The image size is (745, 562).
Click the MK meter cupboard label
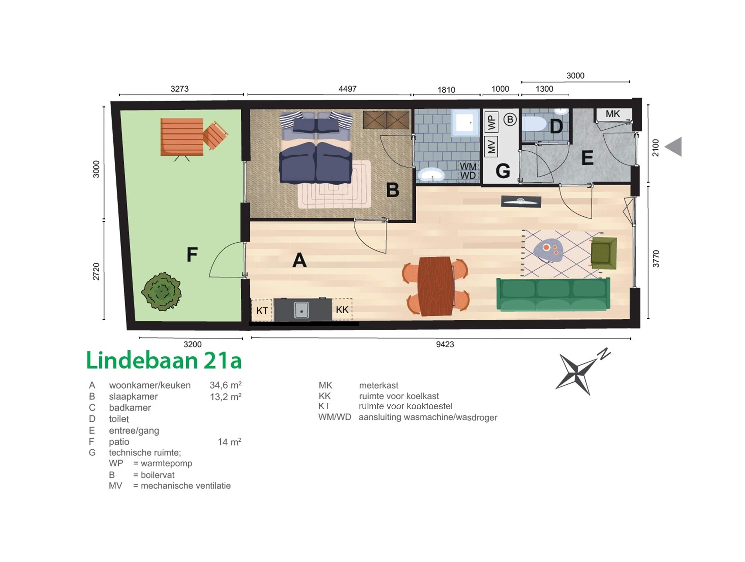coord(613,114)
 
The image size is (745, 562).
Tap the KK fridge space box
coord(342,309)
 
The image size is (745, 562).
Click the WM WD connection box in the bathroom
coord(468,171)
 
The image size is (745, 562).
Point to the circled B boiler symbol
coord(510,119)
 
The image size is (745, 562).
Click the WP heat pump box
coord(491,122)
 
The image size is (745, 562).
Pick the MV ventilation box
coord(491,147)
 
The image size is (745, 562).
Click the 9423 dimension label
coord(445,344)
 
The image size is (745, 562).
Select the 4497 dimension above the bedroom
coord(347,89)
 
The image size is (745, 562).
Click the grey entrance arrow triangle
coord(674,147)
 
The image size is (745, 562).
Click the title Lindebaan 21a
coord(164,360)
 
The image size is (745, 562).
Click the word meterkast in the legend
coord(378,385)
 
